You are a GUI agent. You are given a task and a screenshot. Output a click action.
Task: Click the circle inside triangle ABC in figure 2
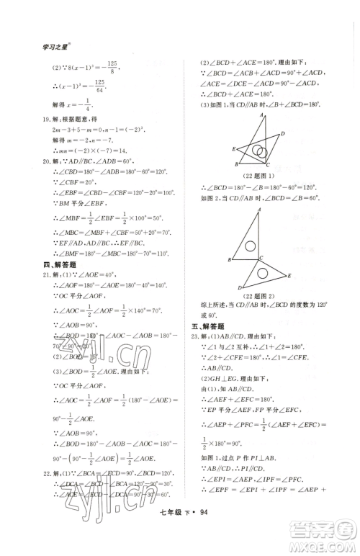pyautogui.click(x=251, y=246)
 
